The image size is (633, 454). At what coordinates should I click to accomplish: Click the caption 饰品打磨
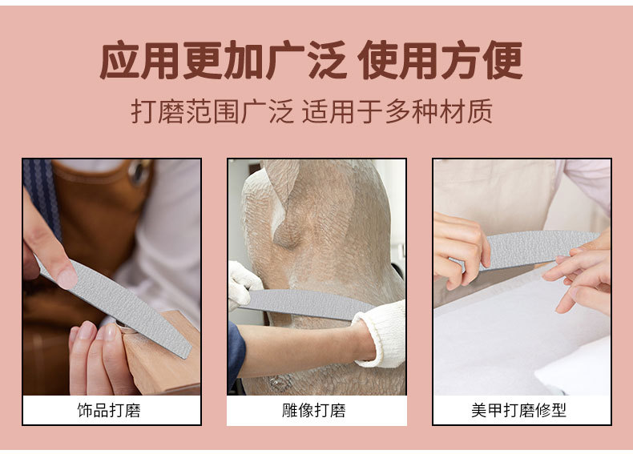click(x=109, y=411)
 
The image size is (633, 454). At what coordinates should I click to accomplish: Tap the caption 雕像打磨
click(x=313, y=411)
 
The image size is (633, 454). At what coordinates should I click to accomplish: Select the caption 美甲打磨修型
click(x=518, y=411)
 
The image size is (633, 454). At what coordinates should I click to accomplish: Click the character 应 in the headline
click(x=119, y=60)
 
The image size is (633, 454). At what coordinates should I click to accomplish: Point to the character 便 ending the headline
click(x=502, y=60)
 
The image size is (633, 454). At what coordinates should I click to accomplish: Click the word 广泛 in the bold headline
click(x=307, y=60)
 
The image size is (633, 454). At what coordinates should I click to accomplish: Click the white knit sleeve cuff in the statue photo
click(x=381, y=334)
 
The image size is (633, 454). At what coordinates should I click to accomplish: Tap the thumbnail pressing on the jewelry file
click(x=67, y=279)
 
